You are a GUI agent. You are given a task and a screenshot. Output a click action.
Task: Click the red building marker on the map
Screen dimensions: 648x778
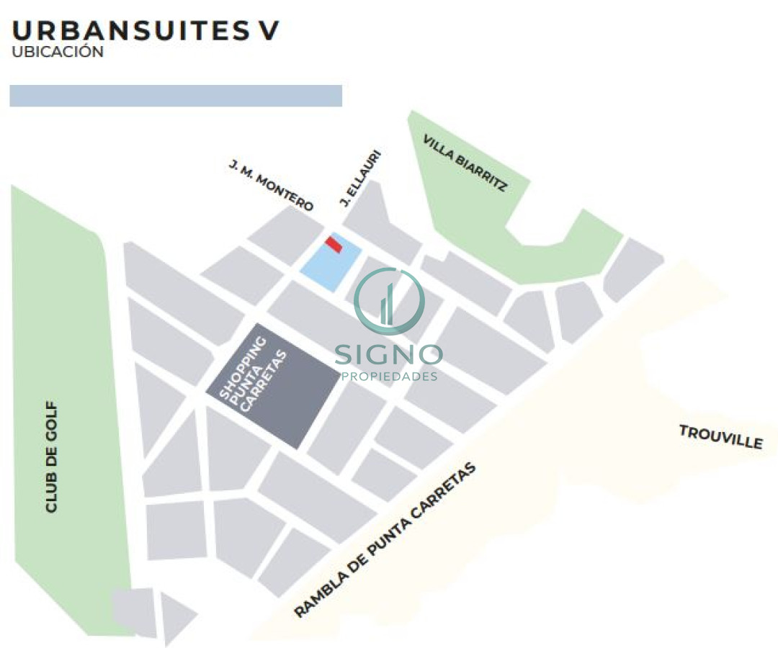pyautogui.click(x=333, y=244)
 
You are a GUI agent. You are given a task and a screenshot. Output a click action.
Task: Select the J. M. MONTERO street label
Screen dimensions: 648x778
pyautogui.click(x=271, y=186)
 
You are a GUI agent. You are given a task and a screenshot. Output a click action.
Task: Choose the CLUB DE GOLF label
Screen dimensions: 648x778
pyautogui.click(x=51, y=457)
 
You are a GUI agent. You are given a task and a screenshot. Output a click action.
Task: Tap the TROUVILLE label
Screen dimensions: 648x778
pyautogui.click(x=720, y=436)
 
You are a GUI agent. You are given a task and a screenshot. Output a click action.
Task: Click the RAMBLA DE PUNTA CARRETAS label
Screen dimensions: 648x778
pyautogui.click(x=386, y=540)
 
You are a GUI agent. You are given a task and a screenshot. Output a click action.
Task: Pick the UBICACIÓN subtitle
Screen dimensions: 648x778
pyautogui.click(x=58, y=53)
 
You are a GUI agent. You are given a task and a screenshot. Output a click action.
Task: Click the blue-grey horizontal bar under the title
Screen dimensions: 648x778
pyautogui.click(x=175, y=96)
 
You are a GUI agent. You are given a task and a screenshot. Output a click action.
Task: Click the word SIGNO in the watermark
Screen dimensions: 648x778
pyautogui.click(x=389, y=354)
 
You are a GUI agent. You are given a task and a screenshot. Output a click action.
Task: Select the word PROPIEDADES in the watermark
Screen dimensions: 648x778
pyautogui.click(x=389, y=377)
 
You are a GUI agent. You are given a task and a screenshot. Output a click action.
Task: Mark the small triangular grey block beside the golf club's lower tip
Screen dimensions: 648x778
pyautogui.click(x=176, y=616)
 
